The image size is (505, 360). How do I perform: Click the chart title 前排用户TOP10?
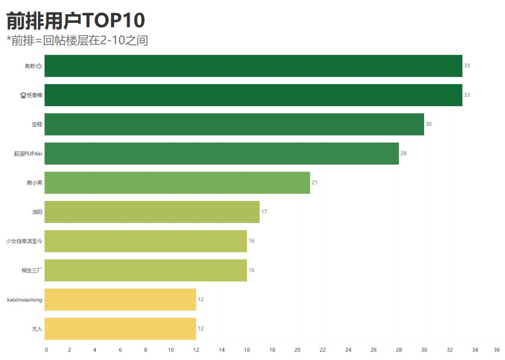(x=76, y=21)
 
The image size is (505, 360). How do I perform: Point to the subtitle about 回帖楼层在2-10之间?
(x=78, y=41)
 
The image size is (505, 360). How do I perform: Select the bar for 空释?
(x=234, y=124)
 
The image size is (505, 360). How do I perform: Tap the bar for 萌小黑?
(x=177, y=183)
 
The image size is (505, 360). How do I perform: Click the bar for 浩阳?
(x=152, y=212)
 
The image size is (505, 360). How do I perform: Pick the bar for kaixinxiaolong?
(x=120, y=300)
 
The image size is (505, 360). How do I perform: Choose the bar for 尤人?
(x=120, y=329)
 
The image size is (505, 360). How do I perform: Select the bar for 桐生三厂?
(x=145, y=270)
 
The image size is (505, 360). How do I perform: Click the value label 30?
(x=429, y=124)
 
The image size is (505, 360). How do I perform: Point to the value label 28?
(x=404, y=153)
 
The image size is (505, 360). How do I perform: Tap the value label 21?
(x=315, y=183)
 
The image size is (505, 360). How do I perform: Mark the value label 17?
(x=264, y=212)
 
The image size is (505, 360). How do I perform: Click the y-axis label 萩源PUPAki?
(x=28, y=153)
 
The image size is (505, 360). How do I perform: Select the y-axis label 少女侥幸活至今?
(x=24, y=241)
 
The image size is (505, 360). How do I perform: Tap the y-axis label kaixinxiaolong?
(x=25, y=300)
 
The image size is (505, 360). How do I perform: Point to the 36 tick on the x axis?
(x=497, y=350)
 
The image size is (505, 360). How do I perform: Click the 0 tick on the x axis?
(x=46, y=350)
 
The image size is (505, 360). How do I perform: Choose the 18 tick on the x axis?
(x=272, y=350)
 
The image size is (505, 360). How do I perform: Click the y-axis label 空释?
(x=37, y=124)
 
